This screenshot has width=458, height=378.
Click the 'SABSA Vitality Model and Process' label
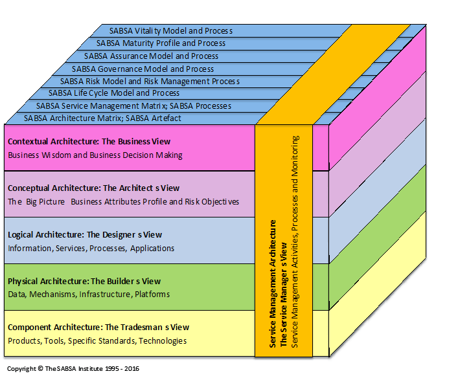[172, 31]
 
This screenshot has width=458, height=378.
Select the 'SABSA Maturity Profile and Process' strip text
[161, 43]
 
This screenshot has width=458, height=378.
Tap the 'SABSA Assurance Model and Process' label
[151, 56]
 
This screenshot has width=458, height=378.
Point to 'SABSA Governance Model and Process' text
[143, 69]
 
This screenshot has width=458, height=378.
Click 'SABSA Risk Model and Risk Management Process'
[150, 82]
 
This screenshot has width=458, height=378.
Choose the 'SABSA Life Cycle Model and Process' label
[114, 93]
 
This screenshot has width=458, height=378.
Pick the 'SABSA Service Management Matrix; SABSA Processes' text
[133, 106]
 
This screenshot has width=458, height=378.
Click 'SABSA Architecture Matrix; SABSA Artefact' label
[102, 118]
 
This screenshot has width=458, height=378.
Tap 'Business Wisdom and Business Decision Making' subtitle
[95, 155]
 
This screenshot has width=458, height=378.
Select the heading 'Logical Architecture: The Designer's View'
[85, 234]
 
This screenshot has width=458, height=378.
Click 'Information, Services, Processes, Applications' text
[91, 248]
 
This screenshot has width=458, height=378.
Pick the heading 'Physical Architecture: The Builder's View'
[84, 281]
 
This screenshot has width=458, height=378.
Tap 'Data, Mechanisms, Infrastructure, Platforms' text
[89, 295]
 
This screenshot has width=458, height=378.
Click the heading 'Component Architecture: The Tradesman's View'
[98, 328]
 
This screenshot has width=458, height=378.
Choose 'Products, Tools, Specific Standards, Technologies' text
[97, 341]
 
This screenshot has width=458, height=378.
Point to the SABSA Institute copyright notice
[73, 370]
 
